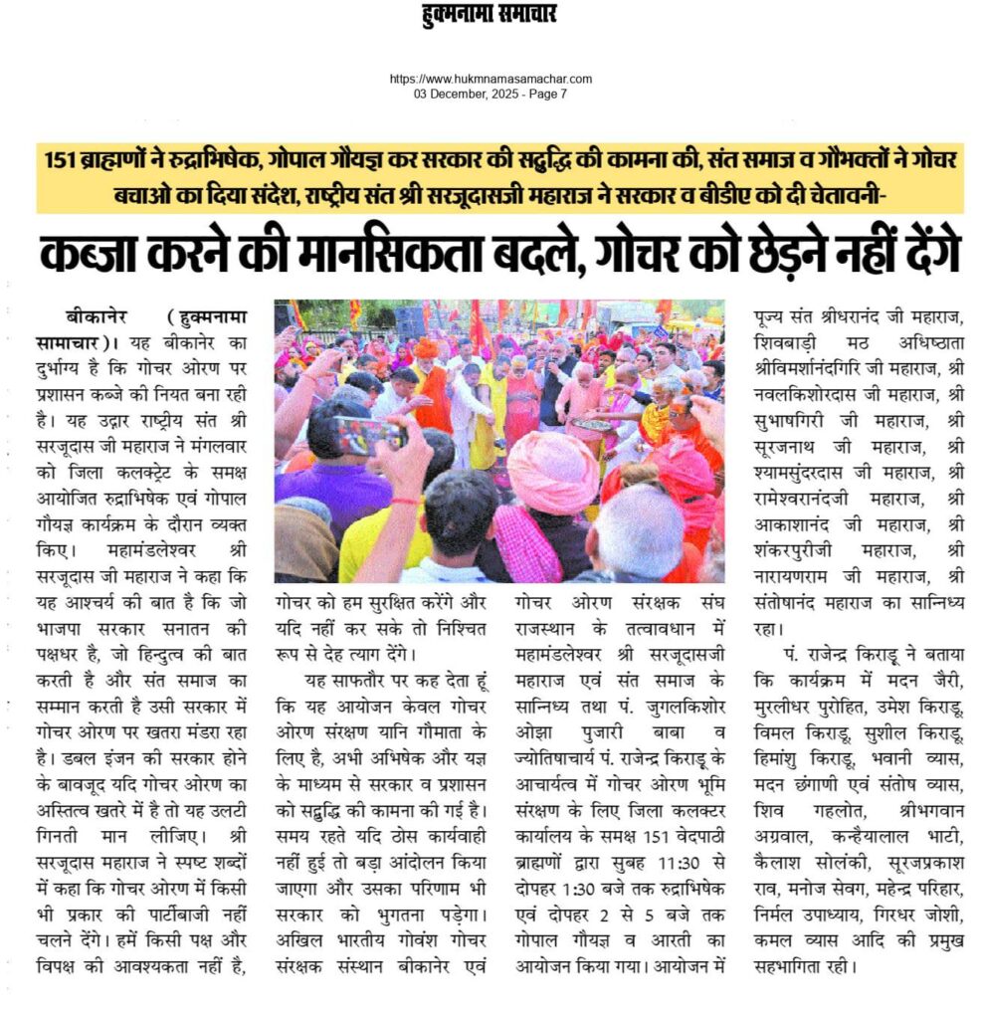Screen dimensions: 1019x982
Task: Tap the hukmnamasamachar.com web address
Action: click(491, 79)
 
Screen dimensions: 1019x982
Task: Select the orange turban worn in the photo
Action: click(426, 347)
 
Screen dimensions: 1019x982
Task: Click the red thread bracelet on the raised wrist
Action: click(400, 500)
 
